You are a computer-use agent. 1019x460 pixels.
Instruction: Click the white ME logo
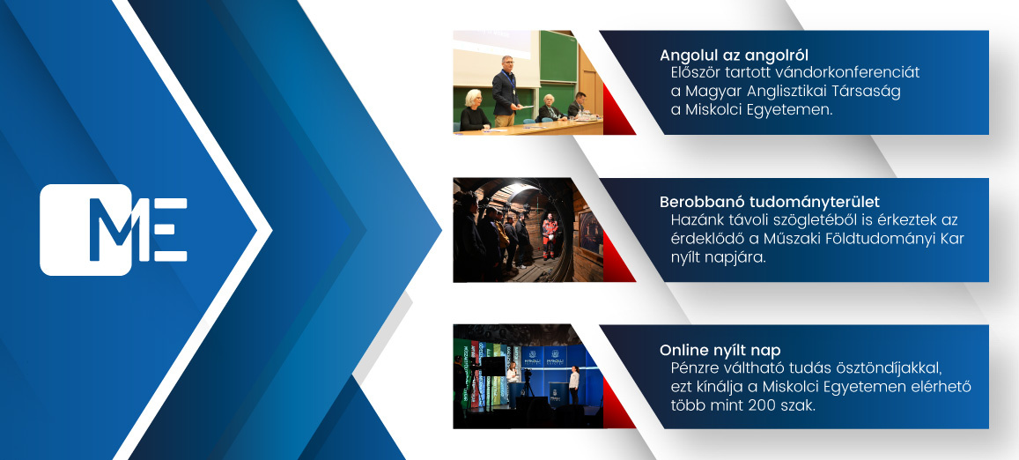(114, 230)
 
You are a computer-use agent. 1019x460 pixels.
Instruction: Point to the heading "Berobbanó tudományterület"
(770, 202)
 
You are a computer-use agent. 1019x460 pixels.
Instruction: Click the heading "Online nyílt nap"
(720, 350)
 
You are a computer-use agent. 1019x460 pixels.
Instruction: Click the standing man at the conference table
(506, 91)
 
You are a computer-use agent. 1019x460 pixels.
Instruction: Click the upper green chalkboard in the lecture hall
(558, 56)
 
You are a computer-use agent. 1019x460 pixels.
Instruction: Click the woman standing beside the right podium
(574, 384)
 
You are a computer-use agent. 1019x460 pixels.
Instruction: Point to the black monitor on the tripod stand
(493, 366)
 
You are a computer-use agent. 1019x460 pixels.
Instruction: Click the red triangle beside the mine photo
(618, 256)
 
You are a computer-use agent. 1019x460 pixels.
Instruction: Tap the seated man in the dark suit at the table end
(578, 106)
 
